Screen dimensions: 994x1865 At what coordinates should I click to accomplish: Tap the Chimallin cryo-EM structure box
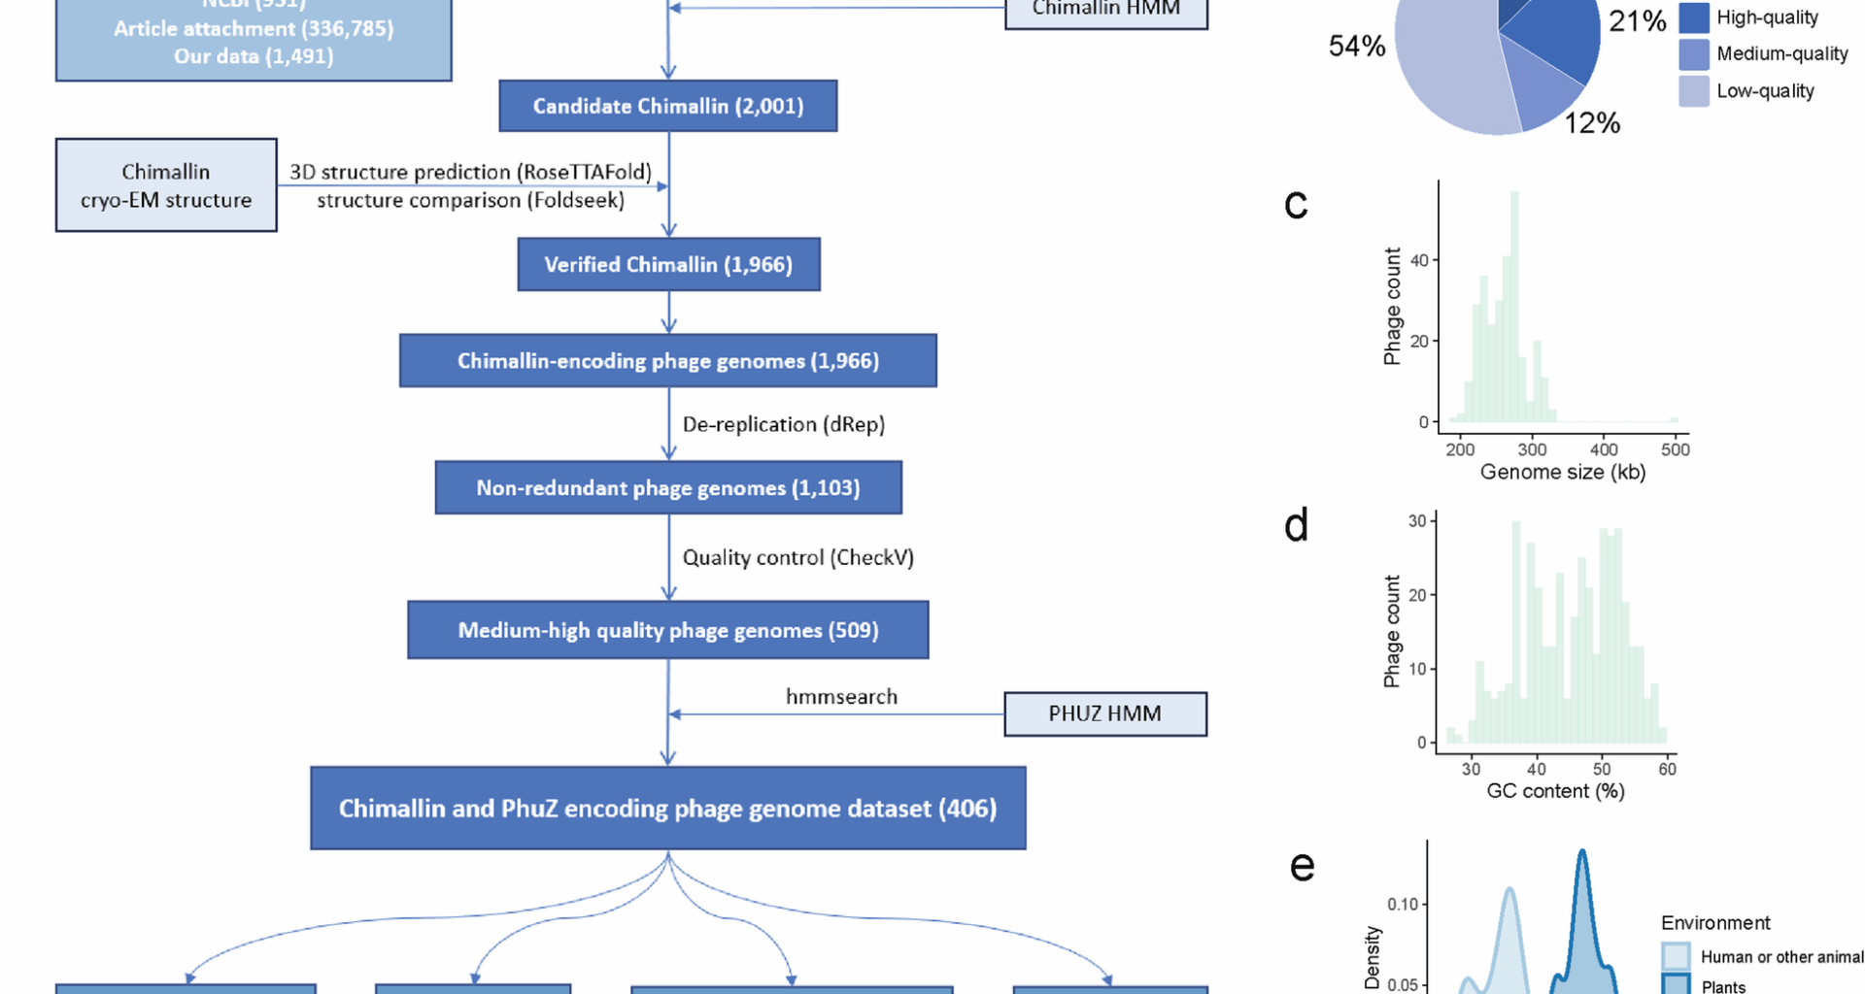(166, 185)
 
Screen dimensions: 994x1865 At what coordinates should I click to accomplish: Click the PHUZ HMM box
(1104, 713)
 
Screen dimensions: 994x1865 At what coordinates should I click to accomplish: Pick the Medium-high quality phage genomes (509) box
(668, 630)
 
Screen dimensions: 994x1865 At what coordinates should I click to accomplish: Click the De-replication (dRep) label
(783, 424)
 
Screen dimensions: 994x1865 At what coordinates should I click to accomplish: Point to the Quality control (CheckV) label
(797, 557)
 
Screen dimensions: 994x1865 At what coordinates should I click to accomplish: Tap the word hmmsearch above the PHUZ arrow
(841, 696)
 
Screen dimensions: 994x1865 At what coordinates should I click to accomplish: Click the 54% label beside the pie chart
(1356, 46)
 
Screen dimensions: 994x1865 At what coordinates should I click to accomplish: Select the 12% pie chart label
(1592, 123)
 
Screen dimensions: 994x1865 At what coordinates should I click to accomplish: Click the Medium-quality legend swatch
(1693, 54)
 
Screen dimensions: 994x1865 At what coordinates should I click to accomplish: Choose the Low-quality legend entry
(1764, 91)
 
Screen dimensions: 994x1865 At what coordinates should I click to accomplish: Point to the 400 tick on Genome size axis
(1604, 449)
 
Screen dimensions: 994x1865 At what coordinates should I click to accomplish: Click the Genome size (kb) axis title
(1562, 473)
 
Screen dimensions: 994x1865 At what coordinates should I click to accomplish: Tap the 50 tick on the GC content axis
(1602, 769)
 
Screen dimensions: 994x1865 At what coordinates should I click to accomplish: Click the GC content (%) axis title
(1555, 791)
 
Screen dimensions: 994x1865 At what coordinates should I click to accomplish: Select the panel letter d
(1296, 525)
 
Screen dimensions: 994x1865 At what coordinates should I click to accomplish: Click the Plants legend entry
(1722, 986)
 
